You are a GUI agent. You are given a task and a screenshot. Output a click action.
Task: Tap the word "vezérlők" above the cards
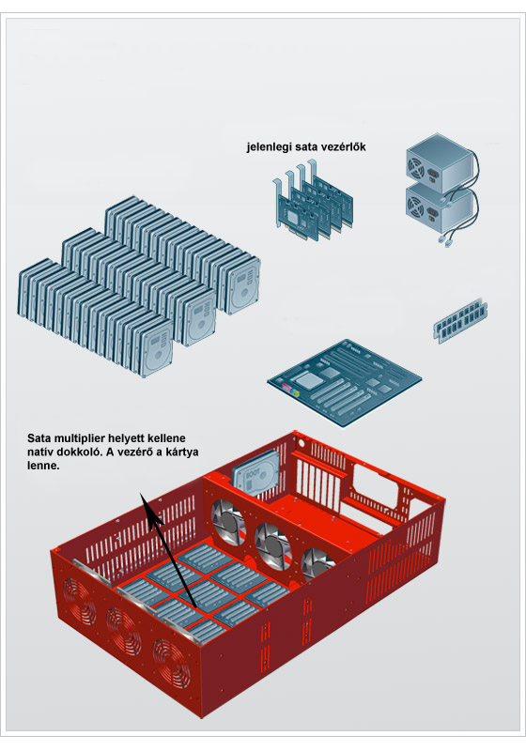(344, 146)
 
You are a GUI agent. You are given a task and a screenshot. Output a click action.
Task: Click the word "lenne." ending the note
(43, 466)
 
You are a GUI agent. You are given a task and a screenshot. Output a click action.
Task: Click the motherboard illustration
(344, 382)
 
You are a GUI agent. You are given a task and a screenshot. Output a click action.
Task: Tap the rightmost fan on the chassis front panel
(171, 664)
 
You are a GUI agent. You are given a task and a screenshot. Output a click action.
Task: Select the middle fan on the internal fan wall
(272, 546)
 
